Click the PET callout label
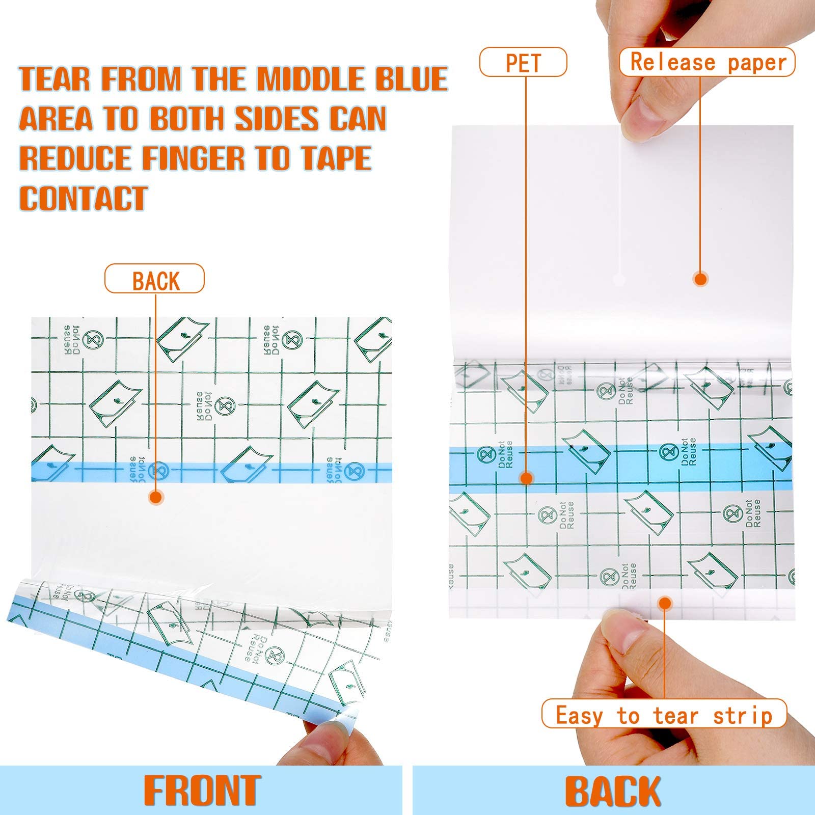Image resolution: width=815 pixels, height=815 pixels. coord(523,62)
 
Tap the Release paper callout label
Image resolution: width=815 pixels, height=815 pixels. coord(707,62)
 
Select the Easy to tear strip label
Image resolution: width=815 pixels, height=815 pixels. coord(664,714)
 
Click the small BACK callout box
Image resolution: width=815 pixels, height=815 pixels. coord(155,279)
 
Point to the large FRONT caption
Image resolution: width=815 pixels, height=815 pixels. coord(202,790)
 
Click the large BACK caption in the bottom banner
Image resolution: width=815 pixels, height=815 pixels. coord(613,791)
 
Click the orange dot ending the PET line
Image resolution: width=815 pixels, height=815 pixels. coord(526,478)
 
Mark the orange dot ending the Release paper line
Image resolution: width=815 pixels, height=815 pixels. coord(701,279)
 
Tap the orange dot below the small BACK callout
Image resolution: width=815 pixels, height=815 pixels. coord(156,497)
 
